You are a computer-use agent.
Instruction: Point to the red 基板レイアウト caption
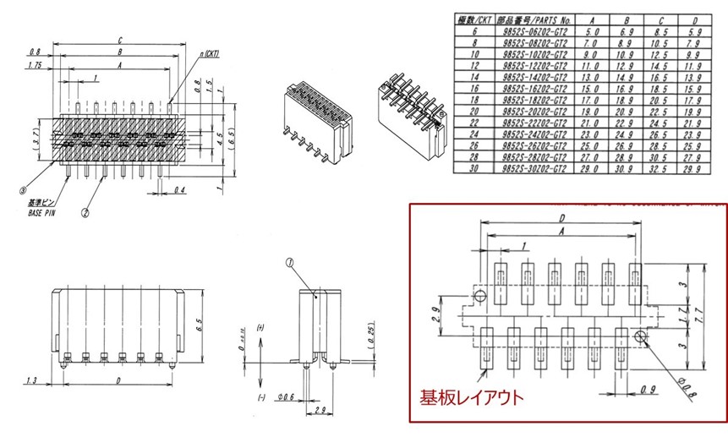click(x=473, y=396)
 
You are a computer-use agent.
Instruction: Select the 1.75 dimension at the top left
click(x=35, y=65)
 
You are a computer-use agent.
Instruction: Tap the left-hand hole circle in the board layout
click(x=480, y=296)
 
